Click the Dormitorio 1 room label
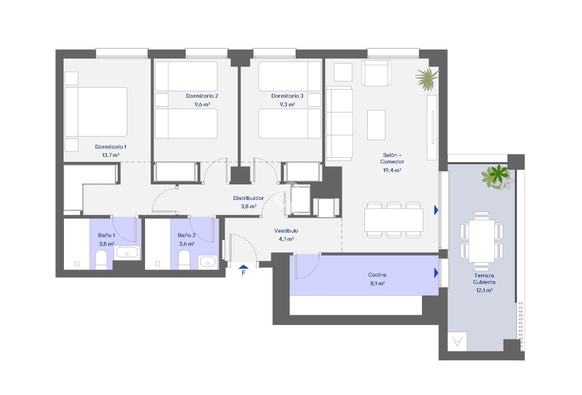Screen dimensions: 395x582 (111, 147)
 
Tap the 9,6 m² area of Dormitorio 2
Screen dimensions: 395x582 (202, 105)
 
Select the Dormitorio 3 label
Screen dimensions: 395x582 (287, 96)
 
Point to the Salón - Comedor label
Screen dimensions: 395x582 (392, 158)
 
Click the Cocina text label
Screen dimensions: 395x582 (377, 275)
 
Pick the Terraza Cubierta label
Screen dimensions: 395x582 (484, 278)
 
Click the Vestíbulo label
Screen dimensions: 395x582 (286, 231)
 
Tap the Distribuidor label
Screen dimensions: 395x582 (248, 198)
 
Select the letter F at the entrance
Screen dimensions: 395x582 (243, 273)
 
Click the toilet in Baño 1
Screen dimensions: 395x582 (101, 260)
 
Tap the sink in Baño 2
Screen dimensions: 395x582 (207, 262)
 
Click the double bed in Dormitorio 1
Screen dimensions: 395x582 (96, 112)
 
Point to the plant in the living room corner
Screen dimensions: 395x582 (426, 79)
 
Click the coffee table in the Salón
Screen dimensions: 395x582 (376, 125)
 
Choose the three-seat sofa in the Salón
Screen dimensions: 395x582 (339, 123)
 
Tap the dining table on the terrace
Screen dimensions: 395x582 (481, 241)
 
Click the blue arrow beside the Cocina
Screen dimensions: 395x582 (436, 273)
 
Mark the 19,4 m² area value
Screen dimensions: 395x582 (392, 170)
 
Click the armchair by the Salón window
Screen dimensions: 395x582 (376, 73)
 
